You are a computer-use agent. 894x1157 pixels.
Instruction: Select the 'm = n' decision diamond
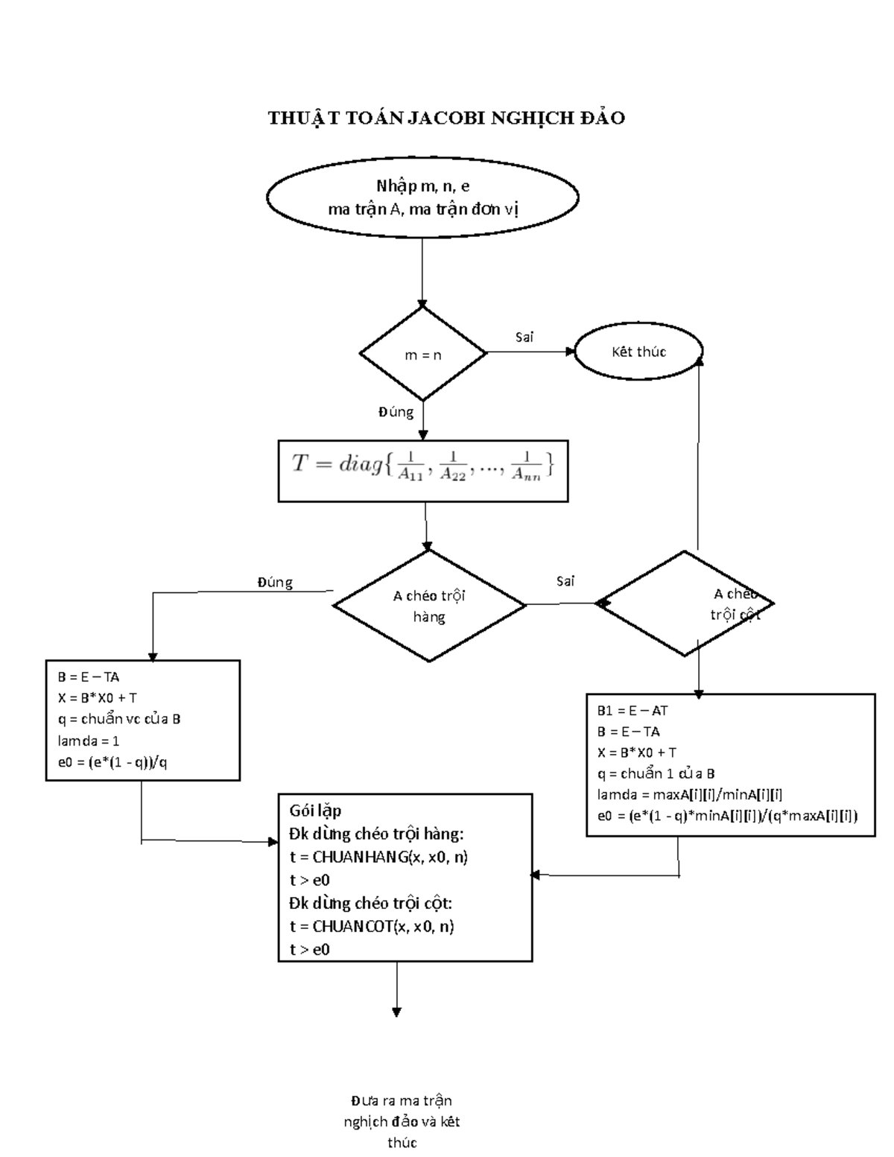(422, 355)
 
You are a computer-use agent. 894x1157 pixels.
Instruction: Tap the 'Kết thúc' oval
(638, 352)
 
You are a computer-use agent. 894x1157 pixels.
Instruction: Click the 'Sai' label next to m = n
(524, 337)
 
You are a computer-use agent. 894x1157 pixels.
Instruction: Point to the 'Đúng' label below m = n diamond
(396, 411)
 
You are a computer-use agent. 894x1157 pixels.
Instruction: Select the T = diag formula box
(422, 470)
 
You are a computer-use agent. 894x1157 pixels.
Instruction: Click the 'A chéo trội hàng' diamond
(429, 605)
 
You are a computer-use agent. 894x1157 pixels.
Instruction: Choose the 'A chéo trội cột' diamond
(685, 603)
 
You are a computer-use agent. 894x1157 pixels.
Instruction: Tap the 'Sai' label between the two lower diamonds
(565, 581)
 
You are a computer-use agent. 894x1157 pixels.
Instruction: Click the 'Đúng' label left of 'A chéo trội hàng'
(275, 583)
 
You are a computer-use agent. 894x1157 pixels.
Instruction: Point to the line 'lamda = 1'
(89, 741)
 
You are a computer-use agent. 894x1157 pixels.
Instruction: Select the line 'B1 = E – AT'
(633, 711)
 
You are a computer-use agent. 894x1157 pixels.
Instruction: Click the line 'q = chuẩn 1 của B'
(656, 773)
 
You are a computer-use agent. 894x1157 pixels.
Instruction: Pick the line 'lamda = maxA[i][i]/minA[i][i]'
(689, 795)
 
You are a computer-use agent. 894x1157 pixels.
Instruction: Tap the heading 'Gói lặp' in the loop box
(315, 811)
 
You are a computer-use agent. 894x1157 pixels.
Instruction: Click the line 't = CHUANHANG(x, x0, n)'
(378, 857)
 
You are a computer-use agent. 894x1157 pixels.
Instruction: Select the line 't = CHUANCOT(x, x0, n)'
(372, 926)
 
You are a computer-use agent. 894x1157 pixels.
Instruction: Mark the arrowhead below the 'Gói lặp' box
(396, 1012)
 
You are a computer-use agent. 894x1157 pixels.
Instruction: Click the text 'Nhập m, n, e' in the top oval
(422, 186)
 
